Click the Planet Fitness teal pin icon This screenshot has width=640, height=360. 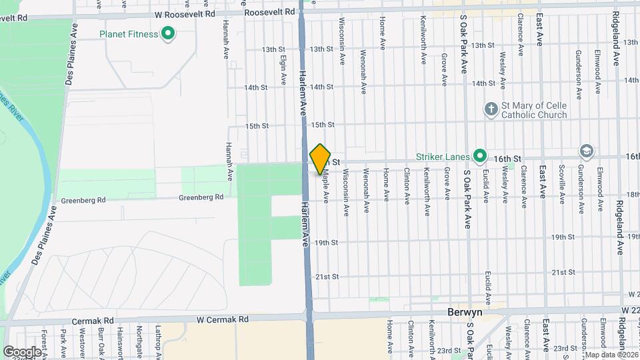click(x=169, y=33)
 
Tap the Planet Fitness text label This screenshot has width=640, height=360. click(x=129, y=34)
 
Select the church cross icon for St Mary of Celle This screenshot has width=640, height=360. click(x=491, y=108)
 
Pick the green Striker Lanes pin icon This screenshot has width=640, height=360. click(x=479, y=156)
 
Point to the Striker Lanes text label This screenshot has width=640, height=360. click(x=444, y=157)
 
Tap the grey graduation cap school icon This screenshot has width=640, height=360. click(x=587, y=151)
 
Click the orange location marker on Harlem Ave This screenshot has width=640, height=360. click(x=321, y=159)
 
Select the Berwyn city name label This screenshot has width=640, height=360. click(x=464, y=312)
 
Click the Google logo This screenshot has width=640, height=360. click(x=22, y=351)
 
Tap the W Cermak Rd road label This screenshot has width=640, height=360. click(x=222, y=319)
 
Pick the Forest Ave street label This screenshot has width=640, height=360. click(x=44, y=342)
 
